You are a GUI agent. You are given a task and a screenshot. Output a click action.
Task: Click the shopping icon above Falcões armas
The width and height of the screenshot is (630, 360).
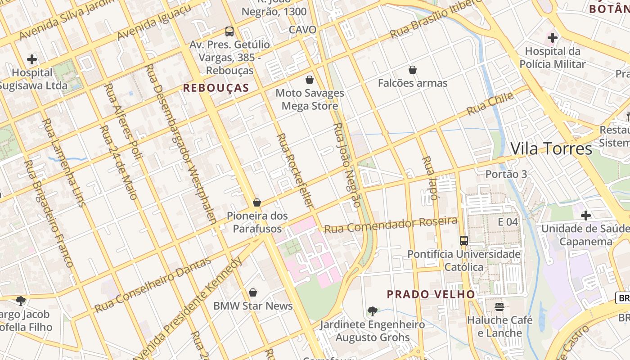(x=412, y=70)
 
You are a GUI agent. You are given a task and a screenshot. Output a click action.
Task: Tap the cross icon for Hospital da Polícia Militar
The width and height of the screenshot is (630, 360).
(x=552, y=38)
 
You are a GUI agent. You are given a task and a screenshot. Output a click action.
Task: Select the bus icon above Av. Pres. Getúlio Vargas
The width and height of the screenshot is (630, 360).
(x=229, y=31)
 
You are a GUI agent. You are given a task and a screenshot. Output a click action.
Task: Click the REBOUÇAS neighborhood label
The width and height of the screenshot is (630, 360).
(x=216, y=88)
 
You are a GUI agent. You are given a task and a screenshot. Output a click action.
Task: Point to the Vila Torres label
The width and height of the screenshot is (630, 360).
(x=551, y=148)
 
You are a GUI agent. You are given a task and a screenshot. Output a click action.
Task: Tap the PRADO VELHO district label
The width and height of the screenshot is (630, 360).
(x=431, y=294)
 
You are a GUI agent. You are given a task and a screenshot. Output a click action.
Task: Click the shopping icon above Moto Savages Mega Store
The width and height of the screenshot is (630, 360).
(x=310, y=80)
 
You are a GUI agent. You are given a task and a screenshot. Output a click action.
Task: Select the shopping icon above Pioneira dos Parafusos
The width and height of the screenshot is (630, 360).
(x=257, y=202)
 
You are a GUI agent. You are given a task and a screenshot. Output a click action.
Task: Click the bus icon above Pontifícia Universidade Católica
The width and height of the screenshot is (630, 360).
(x=464, y=241)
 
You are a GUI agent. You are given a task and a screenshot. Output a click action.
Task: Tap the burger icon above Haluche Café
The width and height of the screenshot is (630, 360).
(x=499, y=307)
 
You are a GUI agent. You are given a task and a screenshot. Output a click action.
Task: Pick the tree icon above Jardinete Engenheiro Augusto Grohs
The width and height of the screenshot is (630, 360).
(x=372, y=311)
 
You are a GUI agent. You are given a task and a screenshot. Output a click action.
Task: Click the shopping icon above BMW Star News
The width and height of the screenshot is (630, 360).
(x=253, y=292)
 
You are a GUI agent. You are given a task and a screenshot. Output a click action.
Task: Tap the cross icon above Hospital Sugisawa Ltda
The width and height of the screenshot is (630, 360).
(x=32, y=59)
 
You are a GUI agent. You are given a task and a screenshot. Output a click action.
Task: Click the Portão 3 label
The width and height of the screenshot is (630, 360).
(x=506, y=174)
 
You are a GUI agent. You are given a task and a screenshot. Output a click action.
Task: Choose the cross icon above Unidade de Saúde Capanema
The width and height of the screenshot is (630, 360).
(x=585, y=216)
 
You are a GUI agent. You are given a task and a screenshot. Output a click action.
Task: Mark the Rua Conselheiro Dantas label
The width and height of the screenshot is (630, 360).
(x=153, y=285)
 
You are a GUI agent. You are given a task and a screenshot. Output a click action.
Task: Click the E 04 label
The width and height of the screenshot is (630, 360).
(x=508, y=222)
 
